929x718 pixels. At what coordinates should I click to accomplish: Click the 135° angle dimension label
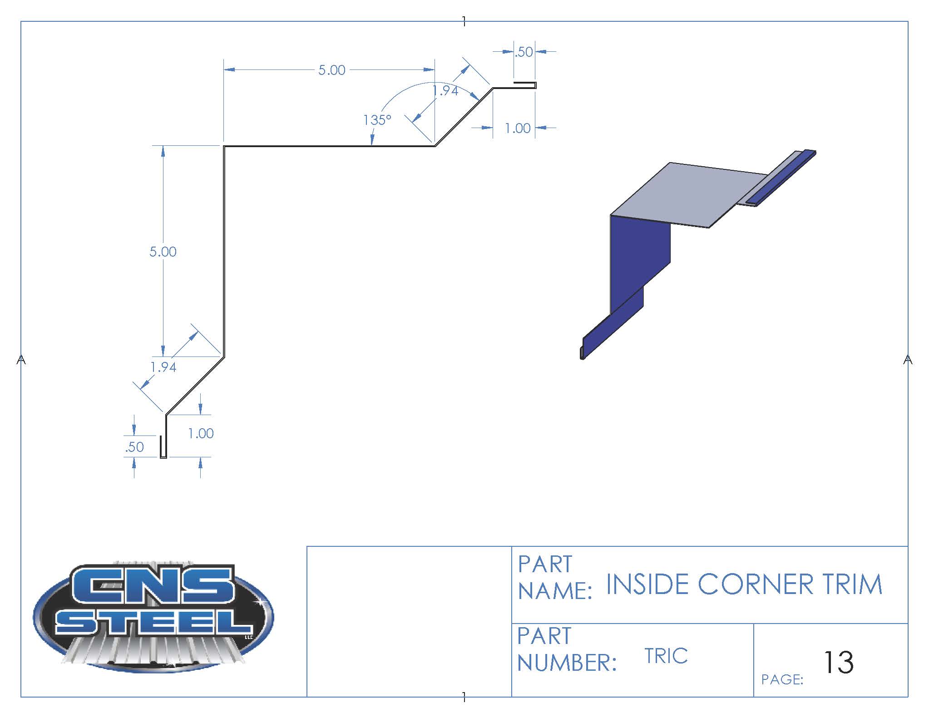377,120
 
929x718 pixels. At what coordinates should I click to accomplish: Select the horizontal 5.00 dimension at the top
331,70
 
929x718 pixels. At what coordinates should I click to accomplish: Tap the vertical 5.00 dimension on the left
163,252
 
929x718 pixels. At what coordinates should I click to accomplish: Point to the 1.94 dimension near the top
445,91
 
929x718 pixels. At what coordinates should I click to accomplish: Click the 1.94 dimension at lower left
163,367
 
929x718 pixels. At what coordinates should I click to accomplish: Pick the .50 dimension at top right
524,52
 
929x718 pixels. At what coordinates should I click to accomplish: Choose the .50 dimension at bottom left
134,447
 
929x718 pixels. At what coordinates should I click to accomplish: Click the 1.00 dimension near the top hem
518,128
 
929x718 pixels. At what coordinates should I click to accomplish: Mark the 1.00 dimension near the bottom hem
201,433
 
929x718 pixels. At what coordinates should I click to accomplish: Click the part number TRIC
666,656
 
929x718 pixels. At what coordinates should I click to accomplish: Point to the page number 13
838,662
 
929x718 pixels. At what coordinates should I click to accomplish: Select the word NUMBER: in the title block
567,663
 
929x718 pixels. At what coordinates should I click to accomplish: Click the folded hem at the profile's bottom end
163,447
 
